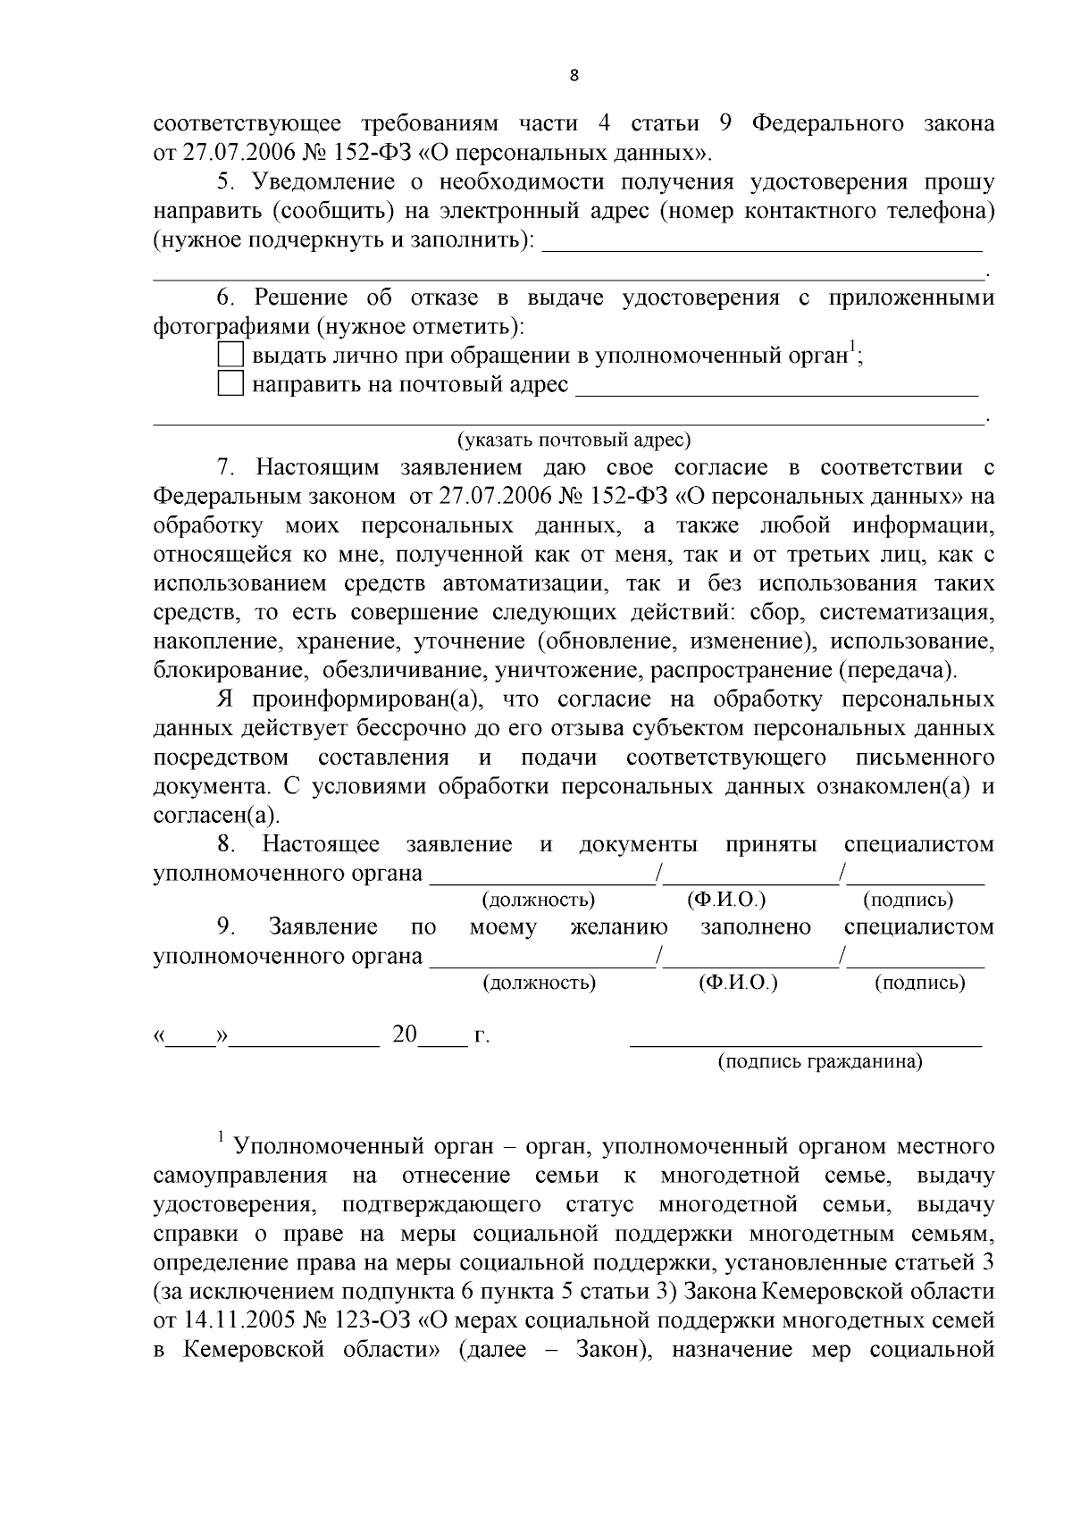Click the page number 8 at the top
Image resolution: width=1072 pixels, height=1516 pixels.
coord(574,76)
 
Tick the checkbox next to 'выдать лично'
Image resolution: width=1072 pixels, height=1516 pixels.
coord(230,355)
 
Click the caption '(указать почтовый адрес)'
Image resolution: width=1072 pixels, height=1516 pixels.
coord(574,440)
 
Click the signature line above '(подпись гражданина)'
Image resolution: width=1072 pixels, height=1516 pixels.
coord(806,1042)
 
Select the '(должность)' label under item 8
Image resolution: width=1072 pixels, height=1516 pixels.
coord(539,900)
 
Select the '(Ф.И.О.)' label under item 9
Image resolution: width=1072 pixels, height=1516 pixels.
coord(738,983)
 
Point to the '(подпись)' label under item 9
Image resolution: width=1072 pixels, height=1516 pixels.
coord(919,983)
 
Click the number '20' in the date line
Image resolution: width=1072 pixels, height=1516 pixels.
coord(405,1034)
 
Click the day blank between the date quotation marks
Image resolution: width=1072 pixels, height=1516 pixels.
coord(191,1039)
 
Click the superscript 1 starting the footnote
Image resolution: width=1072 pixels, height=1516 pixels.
coord(220,1136)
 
